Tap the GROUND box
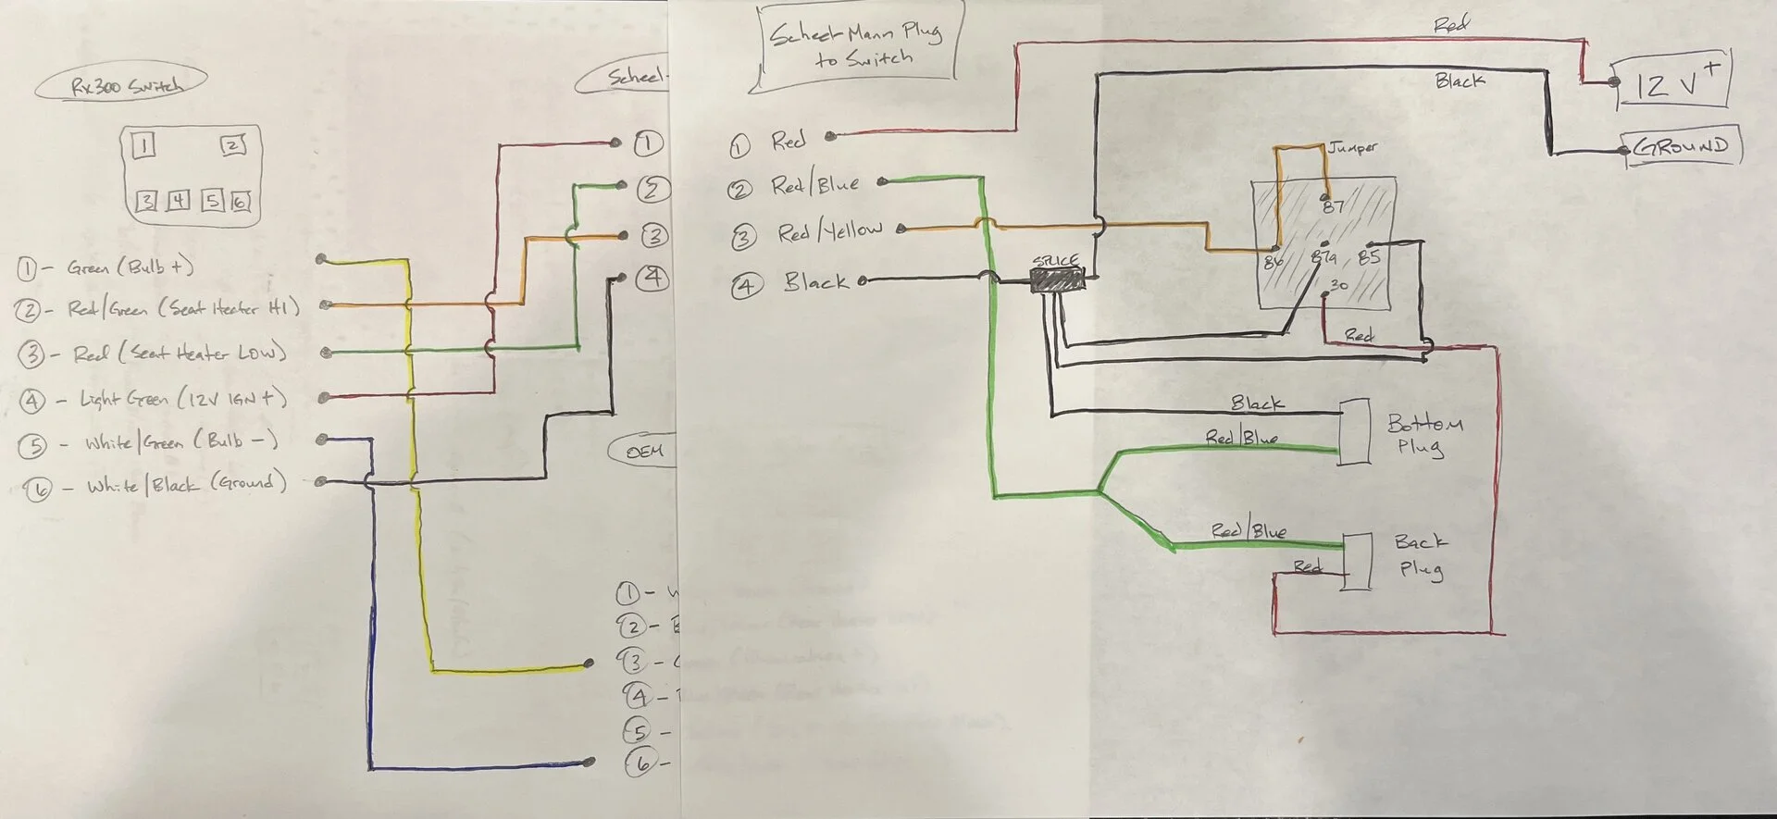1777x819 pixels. coord(1683,147)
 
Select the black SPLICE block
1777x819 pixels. coord(1057,281)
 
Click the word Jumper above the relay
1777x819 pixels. coord(1353,147)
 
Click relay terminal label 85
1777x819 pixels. coord(1369,257)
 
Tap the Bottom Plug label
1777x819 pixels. coord(1423,435)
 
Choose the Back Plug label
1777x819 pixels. coord(1421,554)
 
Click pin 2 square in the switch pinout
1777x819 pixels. coord(233,145)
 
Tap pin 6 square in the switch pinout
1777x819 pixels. coord(241,201)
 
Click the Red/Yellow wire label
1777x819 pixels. coord(829,232)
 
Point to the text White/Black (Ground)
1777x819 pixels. coord(186,484)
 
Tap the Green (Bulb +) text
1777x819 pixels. coord(130,267)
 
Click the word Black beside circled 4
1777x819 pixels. coord(815,281)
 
